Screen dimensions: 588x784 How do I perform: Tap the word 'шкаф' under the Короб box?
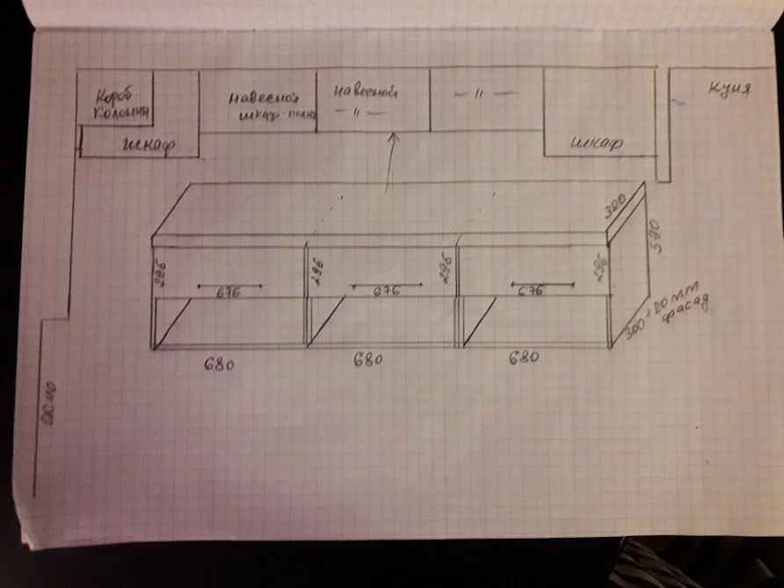pyautogui.click(x=144, y=147)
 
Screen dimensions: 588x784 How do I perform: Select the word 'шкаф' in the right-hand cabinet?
pyautogui.click(x=597, y=142)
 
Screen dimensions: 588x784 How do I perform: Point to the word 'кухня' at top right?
pyautogui.click(x=730, y=90)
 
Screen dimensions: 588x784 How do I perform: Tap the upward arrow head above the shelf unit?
pyautogui.click(x=392, y=136)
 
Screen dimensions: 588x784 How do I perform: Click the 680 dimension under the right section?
pyautogui.click(x=524, y=357)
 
